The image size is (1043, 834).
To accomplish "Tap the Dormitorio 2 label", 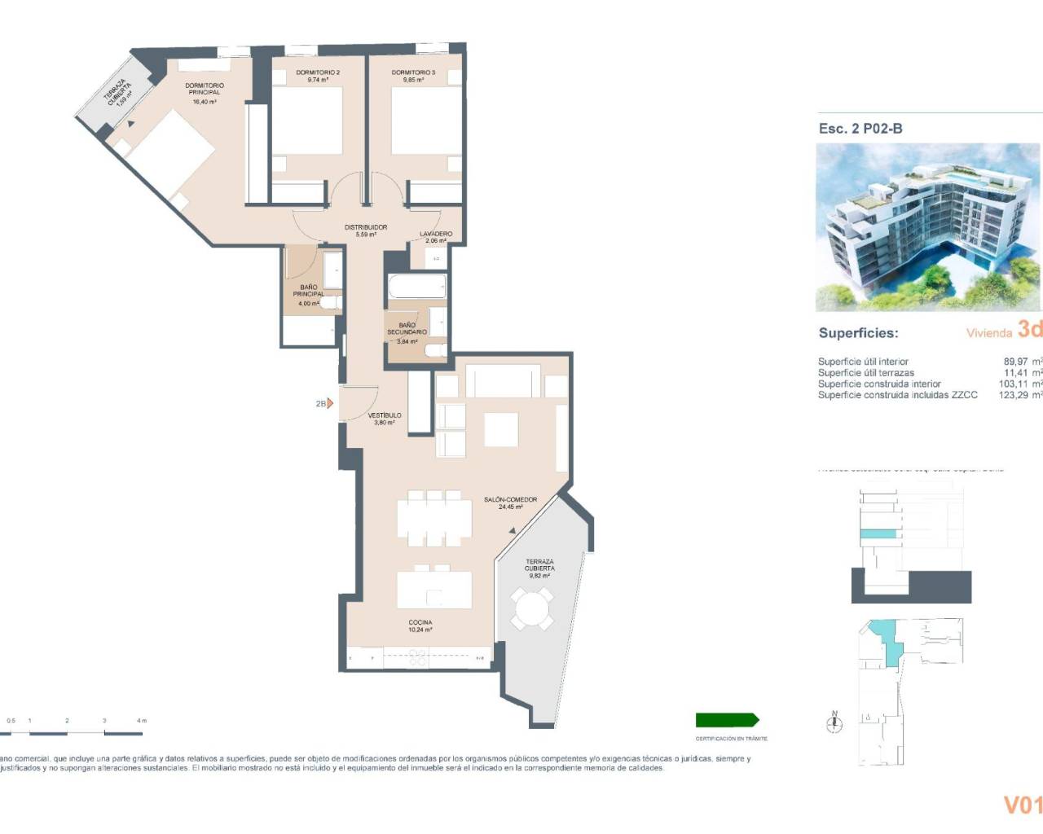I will pos(318,76).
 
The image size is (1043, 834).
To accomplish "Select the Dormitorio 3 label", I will pos(413,76).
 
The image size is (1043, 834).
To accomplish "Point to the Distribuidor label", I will pos(366,230).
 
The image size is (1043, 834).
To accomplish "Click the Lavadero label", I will pos(436,237).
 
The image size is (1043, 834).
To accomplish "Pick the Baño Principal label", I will pos(309,293).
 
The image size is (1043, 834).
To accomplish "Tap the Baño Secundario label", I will pos(407,331).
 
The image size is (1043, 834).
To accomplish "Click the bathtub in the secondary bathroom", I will pos(417,287).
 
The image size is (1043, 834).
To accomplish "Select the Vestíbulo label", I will pos(385,419).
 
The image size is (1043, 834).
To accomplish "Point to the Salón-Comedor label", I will pos(510,503).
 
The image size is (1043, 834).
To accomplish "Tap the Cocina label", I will pos(420,625).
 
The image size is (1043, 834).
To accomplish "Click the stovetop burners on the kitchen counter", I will pos(418,657).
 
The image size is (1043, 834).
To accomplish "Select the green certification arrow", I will pos(727,720).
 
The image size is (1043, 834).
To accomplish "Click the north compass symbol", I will pos(834,722).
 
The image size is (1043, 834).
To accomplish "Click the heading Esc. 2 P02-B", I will pos(860,129).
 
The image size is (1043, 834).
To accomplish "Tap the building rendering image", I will pos(928,227).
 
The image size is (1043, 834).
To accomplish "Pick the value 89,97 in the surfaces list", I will pos(1015,362).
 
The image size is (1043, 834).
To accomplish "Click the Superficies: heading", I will pos(858,333).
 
